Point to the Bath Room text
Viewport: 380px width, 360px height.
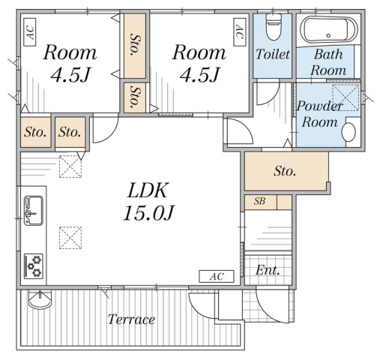coord(330,62)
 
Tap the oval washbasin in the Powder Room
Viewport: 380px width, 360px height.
coord(349,133)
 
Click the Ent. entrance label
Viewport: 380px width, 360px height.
coord(268,270)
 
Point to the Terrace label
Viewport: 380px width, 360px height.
coord(131,319)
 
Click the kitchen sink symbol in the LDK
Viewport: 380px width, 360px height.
coord(34,210)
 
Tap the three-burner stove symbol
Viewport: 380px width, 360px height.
coord(34,265)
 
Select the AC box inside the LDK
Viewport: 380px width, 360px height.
coord(217,277)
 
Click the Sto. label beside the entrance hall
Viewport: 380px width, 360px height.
coord(284,172)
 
